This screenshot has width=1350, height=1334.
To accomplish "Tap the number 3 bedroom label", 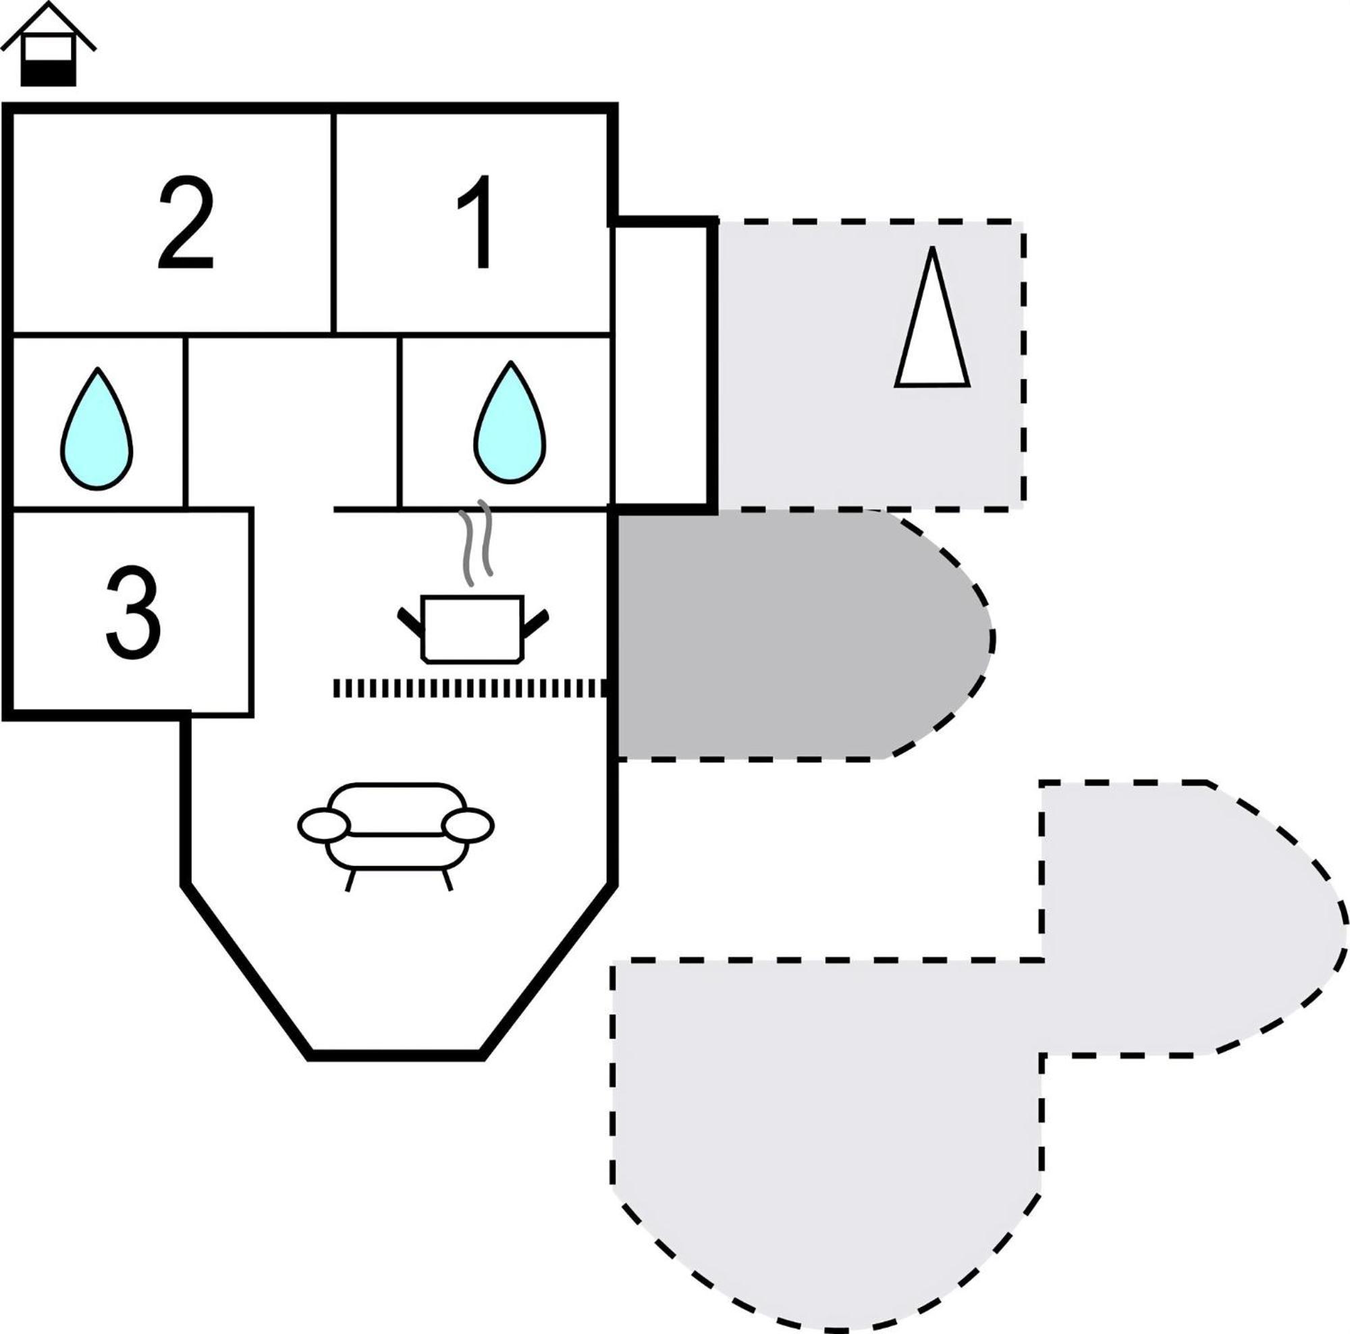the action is point(134,612).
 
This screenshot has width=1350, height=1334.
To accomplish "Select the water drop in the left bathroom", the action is point(97,429).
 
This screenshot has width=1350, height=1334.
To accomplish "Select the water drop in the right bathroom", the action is point(510,421).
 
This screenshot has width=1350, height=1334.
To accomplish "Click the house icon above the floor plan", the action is point(47,43).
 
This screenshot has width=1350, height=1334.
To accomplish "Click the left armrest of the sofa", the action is point(323,825).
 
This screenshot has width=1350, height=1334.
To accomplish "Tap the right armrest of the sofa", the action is point(468,825).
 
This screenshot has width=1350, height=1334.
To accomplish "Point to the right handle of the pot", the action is point(535,623).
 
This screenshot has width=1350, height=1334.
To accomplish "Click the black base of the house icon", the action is point(47,73).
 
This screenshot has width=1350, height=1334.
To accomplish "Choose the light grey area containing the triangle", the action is point(871,365).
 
